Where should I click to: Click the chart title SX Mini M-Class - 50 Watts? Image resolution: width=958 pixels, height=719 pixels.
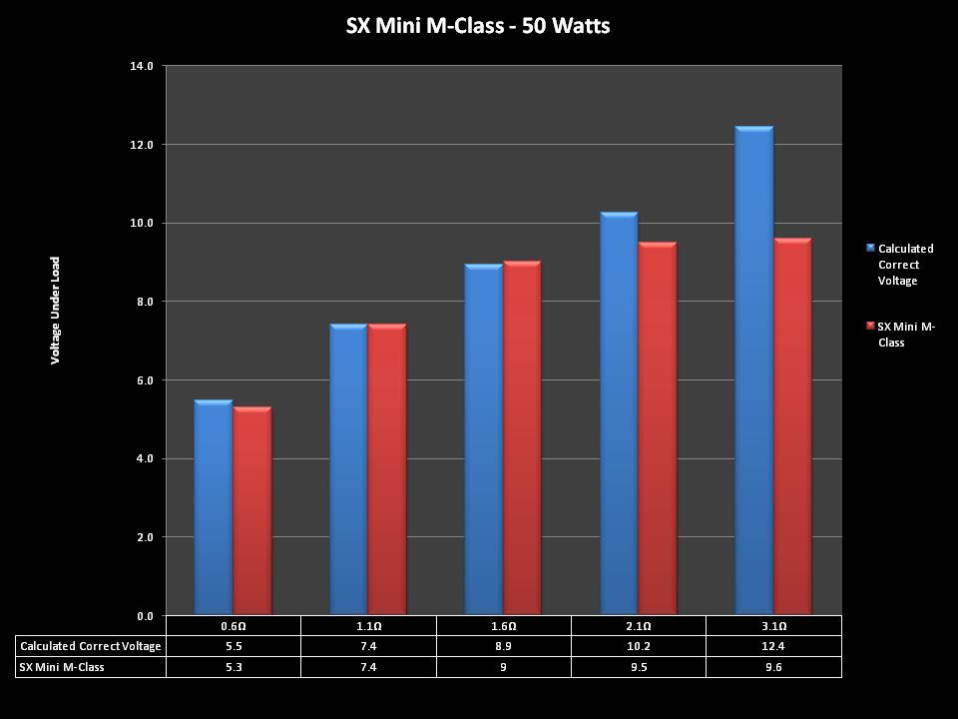pos(478,26)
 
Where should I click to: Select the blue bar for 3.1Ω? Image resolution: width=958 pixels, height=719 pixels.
pos(753,369)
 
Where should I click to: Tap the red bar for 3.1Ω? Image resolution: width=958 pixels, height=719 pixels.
pos(792,426)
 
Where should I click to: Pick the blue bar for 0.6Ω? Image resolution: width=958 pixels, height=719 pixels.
pos(214,507)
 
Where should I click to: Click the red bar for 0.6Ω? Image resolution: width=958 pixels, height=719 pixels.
pos(252,510)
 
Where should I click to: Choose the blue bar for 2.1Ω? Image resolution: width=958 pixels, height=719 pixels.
pos(619,413)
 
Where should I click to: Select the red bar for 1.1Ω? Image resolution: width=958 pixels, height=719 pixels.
pos(387,469)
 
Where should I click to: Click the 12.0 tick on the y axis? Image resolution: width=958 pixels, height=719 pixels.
pos(141,145)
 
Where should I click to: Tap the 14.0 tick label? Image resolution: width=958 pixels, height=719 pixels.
pos(141,66)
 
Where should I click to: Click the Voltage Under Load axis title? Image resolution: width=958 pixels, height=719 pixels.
pos(56,310)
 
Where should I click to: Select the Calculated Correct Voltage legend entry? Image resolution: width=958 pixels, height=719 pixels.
pos(905,265)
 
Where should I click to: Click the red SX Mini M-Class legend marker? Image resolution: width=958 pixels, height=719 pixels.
pos(870,327)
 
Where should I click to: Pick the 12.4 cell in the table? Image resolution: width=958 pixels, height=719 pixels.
pos(773,646)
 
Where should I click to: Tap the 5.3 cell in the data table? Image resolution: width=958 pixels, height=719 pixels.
pos(233,666)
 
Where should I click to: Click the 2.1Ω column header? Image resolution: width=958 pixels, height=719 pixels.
pos(639,626)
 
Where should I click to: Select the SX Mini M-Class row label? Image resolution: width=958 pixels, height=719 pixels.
pos(62,666)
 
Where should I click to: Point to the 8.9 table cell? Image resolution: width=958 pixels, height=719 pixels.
pos(503,646)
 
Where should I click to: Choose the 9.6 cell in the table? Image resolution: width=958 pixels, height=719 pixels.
pos(773,666)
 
